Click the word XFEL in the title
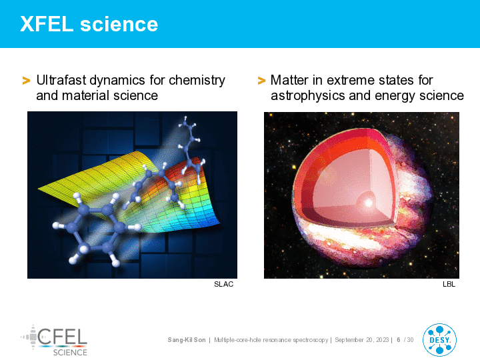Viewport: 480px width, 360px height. coord(47,24)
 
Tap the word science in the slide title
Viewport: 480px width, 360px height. coord(119,24)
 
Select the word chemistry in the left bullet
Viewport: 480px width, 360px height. coord(197,81)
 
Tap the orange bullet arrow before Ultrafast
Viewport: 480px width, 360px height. coord(26,81)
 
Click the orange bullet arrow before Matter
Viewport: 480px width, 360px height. coord(261,81)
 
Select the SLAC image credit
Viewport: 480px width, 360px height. coord(224,284)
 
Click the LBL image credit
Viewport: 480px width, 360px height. coord(449,284)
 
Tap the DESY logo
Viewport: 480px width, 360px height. coord(439,340)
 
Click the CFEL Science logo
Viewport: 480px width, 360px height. coord(55,341)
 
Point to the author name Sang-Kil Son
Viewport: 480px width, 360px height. coord(187,340)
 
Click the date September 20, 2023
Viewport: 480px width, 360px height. coord(362,340)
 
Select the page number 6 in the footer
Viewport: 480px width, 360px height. coord(399,340)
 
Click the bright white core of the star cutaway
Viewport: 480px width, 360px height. coord(369,203)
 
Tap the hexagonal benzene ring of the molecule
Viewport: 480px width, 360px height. coord(96,229)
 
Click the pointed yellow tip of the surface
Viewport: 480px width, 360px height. coord(39,189)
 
